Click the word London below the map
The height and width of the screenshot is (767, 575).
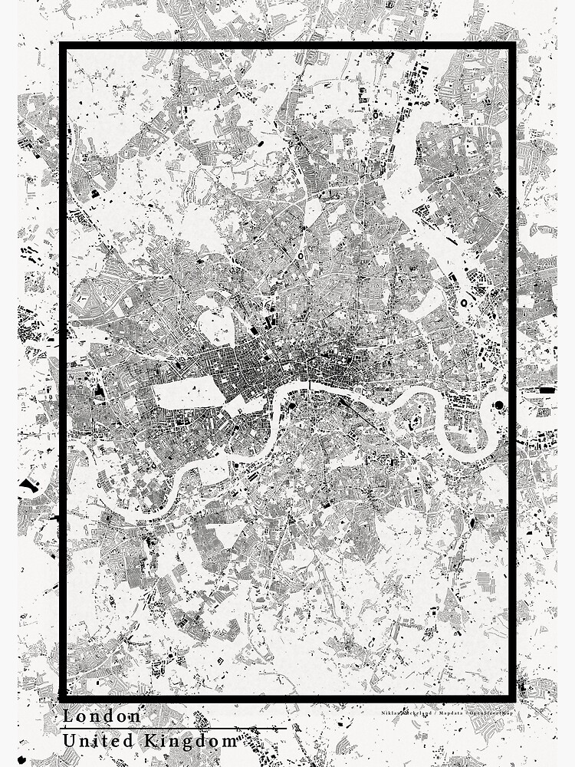[x=102, y=716]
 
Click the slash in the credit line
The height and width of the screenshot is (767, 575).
[x=435, y=713]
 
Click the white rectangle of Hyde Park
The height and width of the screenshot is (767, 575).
[x=188, y=393]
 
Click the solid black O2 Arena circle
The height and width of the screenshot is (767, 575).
[x=499, y=405]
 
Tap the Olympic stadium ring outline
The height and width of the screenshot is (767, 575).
[x=466, y=302]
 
